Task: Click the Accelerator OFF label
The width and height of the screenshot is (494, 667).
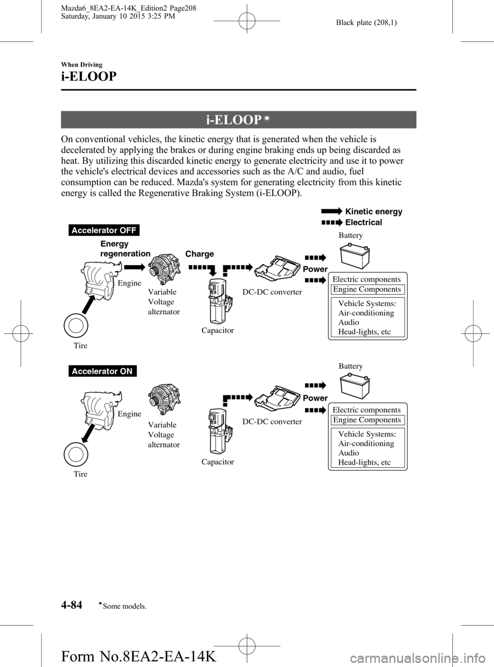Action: click(103, 230)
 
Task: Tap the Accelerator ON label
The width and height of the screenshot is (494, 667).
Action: click(102, 371)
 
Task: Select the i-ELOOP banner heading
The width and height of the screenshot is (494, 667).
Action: click(238, 120)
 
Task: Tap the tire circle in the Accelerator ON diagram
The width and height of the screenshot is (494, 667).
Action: click(76, 454)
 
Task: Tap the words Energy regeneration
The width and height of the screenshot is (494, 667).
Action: click(125, 248)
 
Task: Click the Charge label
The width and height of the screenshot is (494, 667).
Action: click(199, 254)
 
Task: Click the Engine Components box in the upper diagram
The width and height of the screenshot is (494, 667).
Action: click(367, 289)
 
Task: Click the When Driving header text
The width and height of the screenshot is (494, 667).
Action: click(81, 64)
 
